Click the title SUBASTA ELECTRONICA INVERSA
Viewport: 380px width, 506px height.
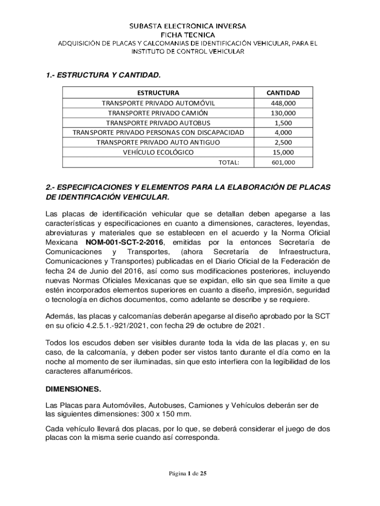tap(188, 26)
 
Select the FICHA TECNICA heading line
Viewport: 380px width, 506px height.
tap(188, 35)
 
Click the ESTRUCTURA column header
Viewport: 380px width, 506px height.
tap(158, 93)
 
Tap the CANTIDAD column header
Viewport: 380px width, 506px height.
tap(283, 93)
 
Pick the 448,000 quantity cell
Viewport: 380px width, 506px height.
tap(283, 103)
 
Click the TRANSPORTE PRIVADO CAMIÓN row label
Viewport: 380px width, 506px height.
tap(158, 113)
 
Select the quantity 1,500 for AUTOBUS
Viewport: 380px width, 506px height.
tap(283, 123)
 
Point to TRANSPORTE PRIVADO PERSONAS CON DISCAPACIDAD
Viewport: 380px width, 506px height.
tap(158, 132)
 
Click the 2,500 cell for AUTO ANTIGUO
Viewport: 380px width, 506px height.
tap(283, 142)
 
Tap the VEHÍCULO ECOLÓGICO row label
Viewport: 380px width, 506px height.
tap(158, 152)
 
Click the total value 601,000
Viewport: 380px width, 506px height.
tap(283, 162)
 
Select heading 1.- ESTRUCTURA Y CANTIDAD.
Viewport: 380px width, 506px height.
tap(103, 76)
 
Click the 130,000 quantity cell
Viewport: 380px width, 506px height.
tap(283, 113)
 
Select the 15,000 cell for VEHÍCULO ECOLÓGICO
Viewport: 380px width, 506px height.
tap(283, 152)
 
